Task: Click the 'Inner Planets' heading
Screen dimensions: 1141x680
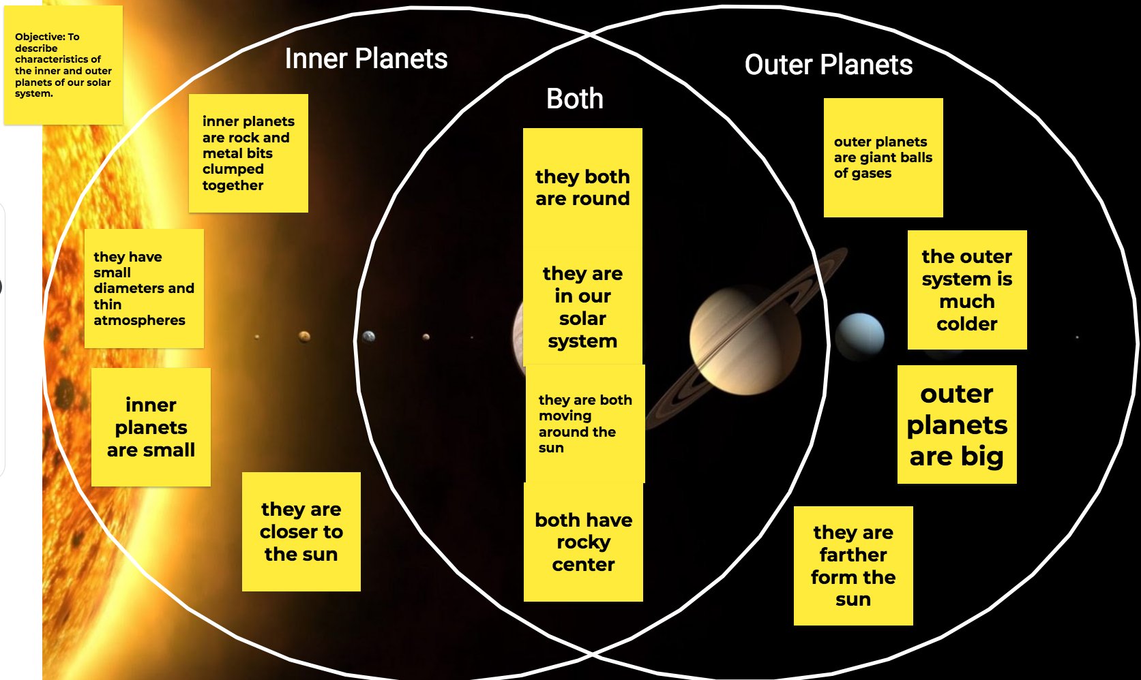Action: (x=366, y=59)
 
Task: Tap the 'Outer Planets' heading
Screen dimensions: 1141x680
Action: (x=828, y=65)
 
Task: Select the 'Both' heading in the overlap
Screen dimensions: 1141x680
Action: (x=575, y=99)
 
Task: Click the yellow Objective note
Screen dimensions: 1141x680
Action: (x=63, y=65)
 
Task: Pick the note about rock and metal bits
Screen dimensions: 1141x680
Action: (x=248, y=153)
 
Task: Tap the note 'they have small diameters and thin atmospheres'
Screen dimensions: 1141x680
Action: (x=144, y=288)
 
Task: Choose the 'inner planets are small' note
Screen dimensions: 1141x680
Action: (x=151, y=427)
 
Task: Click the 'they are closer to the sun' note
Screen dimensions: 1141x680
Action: (x=301, y=531)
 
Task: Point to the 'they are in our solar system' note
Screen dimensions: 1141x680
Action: (x=582, y=307)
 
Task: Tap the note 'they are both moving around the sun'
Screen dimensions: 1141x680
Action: (x=585, y=423)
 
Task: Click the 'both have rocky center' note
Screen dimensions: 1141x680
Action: (x=583, y=542)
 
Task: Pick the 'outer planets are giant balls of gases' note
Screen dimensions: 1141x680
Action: (x=883, y=157)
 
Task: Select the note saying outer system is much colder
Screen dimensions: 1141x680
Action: (x=967, y=290)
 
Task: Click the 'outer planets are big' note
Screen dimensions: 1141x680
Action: (x=957, y=424)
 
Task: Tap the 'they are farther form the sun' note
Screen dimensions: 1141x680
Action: (x=853, y=566)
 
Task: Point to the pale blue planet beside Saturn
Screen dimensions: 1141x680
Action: (x=860, y=336)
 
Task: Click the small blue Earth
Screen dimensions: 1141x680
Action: (x=369, y=336)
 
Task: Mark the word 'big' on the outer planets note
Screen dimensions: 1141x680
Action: (x=981, y=457)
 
